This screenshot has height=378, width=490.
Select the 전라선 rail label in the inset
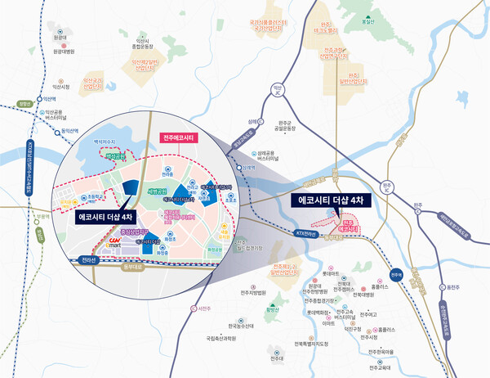(87, 261)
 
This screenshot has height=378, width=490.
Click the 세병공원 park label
(157, 191)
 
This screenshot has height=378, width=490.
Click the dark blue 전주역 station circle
(396, 275)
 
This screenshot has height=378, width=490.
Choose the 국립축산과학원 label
(220, 336)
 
